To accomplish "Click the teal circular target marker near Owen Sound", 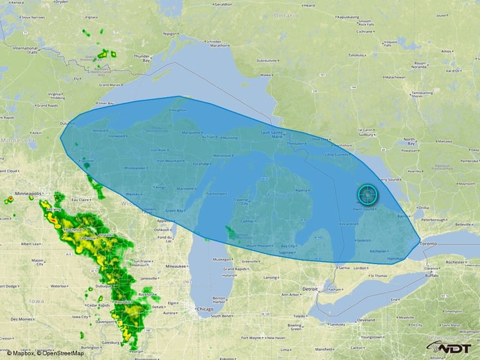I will [x=367, y=194].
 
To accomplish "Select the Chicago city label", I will [x=205, y=309].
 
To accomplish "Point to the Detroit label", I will [x=310, y=289].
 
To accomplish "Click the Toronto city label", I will [x=428, y=245].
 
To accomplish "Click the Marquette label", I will [x=191, y=133].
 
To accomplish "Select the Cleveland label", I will [x=366, y=319].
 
